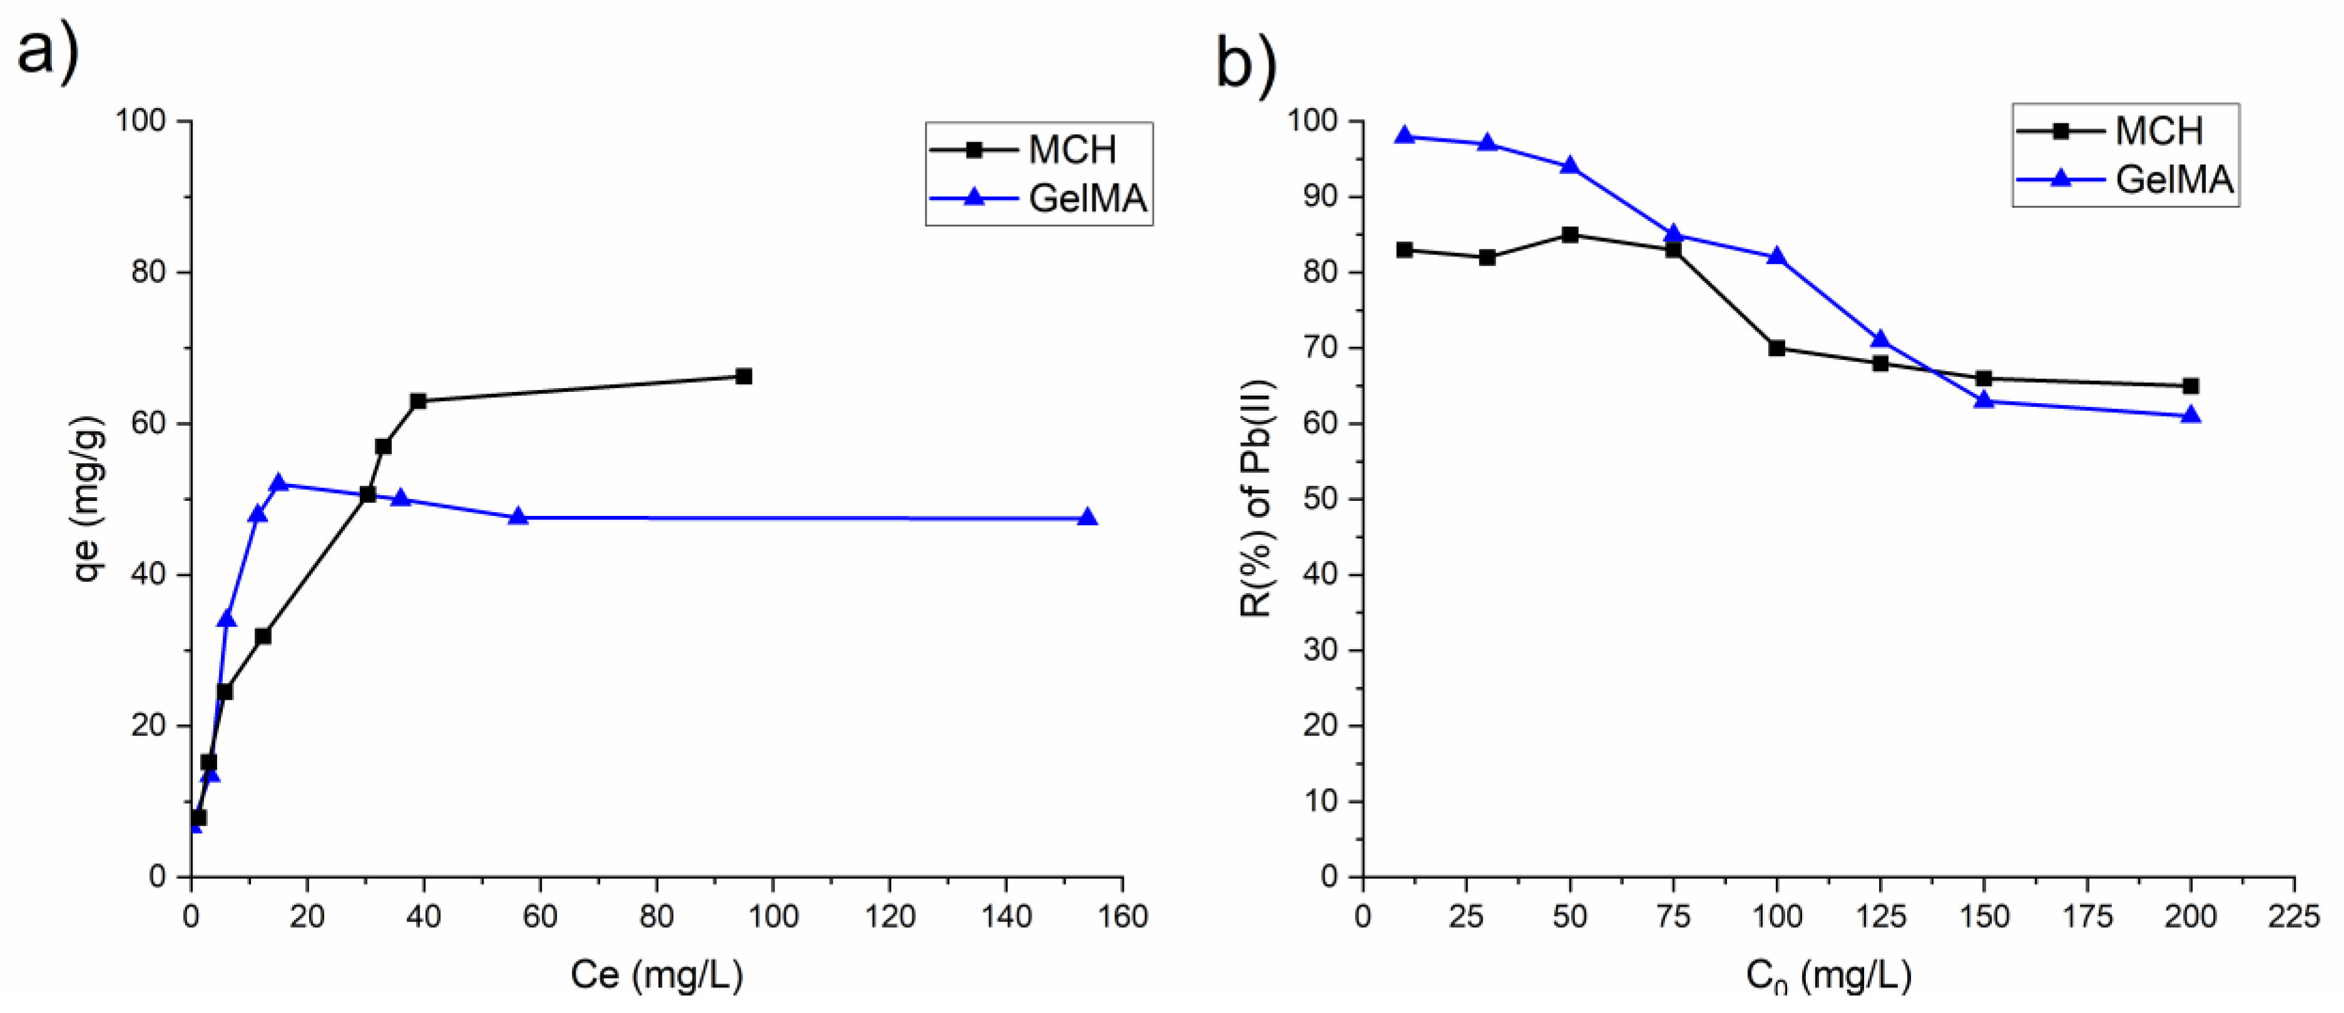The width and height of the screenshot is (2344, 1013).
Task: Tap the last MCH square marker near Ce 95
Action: [743, 376]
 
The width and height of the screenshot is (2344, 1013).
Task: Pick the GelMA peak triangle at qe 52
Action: [278, 483]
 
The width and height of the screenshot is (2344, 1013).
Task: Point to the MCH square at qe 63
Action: [417, 401]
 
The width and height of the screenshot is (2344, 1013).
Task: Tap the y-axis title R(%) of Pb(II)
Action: [1258, 499]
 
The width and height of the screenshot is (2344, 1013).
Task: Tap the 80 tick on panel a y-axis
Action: [149, 272]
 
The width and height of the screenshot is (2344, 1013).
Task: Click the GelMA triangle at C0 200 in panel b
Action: [2190, 415]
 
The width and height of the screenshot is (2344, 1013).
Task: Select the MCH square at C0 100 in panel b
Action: [1776, 347]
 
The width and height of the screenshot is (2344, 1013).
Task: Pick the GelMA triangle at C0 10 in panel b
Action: [1404, 136]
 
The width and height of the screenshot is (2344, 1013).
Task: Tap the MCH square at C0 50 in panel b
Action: [1569, 235]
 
